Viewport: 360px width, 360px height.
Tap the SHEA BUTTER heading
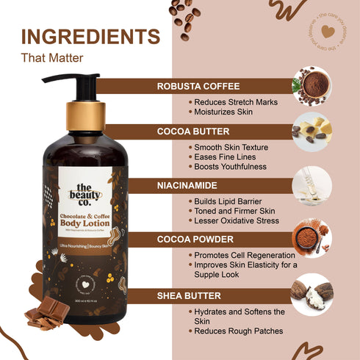[190, 295]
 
